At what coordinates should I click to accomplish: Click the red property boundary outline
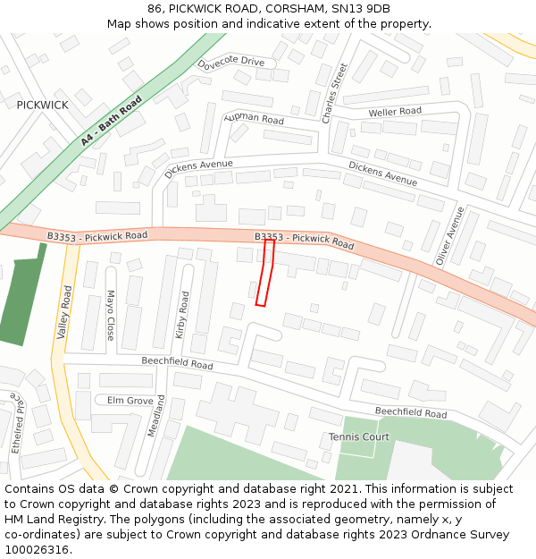point(265,273)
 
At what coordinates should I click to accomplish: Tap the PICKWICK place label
point(42,105)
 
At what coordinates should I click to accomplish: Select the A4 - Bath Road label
point(112,122)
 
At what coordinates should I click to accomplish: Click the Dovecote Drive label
point(231,62)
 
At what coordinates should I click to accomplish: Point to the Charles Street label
point(331,93)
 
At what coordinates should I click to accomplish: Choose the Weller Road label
point(395,112)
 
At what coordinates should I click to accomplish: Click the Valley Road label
point(64,312)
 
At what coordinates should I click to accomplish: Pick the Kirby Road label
point(183,313)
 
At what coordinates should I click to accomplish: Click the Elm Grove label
point(130,401)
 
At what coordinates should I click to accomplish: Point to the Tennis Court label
point(359,437)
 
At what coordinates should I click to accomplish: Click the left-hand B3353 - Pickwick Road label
point(97,235)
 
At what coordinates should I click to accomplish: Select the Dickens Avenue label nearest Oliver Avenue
point(382,174)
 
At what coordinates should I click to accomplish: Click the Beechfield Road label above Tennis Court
point(410,413)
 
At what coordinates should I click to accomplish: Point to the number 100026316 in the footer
point(37,550)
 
